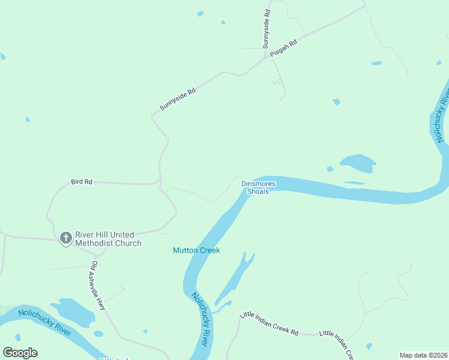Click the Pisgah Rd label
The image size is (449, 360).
pos(284,49)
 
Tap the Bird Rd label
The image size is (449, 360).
pos(81,181)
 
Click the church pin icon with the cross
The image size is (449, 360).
pos(65,239)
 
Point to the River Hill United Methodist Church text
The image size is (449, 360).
pos(108,239)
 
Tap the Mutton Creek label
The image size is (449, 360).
pos(196,250)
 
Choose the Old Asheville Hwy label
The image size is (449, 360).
pos(98,285)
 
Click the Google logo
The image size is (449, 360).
pos(20,353)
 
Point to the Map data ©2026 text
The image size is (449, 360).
pos(423,355)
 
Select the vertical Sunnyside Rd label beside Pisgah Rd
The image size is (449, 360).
pos(267,29)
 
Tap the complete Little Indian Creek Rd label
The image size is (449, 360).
pos(269,323)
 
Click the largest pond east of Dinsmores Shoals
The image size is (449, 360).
pos(358,163)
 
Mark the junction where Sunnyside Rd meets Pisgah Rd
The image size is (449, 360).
pos(266,58)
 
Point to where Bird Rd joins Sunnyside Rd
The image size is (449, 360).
pos(160,181)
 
